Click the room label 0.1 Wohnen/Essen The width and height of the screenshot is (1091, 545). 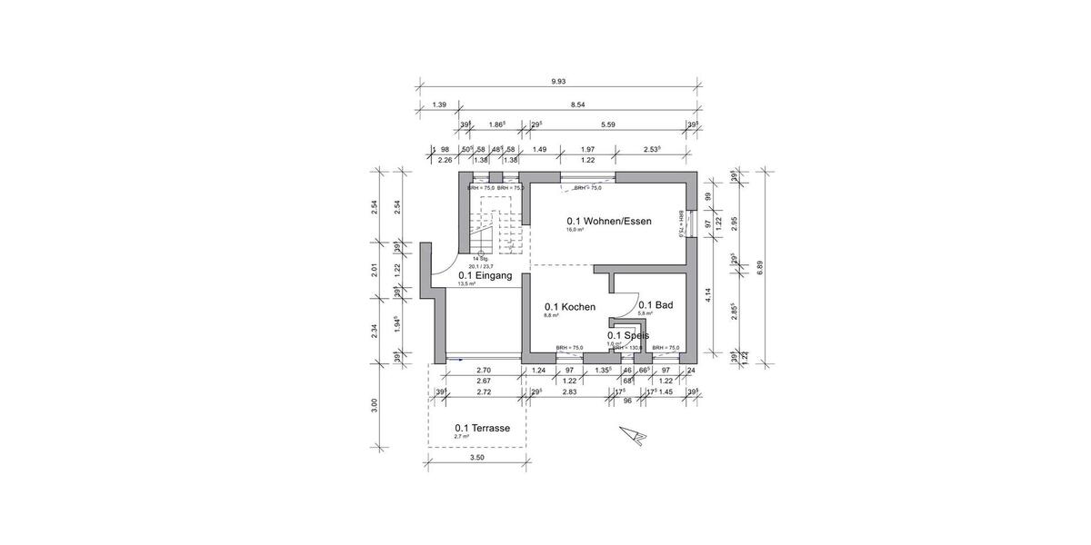point(608,221)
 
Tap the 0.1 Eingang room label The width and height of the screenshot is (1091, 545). point(485,275)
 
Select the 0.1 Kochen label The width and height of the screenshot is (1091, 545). point(569,307)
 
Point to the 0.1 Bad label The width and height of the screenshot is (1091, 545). point(655,305)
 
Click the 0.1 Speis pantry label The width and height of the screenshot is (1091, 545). point(628,335)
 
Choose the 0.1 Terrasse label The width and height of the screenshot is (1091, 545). point(482,428)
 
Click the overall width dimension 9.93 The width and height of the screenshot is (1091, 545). point(558,81)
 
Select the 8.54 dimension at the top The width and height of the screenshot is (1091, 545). point(577,105)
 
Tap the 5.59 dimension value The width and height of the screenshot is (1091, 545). point(608,124)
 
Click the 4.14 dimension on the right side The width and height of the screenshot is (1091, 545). point(707,294)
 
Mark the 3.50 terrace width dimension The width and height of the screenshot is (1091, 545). point(476,458)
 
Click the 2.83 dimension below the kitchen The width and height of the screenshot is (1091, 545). point(569,392)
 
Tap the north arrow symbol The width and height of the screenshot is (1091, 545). point(633,435)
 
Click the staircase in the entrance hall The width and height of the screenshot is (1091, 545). point(495,233)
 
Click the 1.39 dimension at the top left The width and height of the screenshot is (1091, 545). point(439,105)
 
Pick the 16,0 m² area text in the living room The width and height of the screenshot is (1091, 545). point(575,230)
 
